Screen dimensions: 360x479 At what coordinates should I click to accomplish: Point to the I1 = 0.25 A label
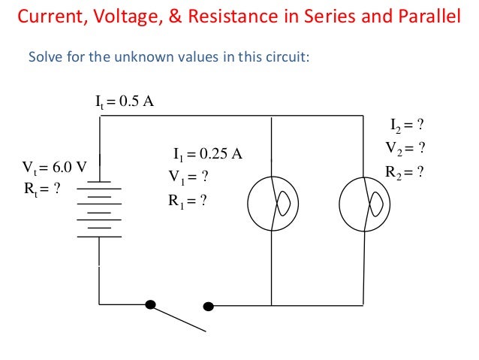pyautogui.click(x=207, y=155)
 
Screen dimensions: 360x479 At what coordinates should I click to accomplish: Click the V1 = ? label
pyautogui.click(x=188, y=177)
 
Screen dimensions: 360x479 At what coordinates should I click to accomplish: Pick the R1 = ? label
pyautogui.click(x=188, y=201)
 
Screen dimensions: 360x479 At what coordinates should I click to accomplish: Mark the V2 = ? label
pyautogui.click(x=406, y=147)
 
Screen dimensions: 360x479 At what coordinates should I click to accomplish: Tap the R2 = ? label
pyautogui.click(x=405, y=171)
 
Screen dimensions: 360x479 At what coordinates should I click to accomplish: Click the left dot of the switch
pyautogui.click(x=151, y=304)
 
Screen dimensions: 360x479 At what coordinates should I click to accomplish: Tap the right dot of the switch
pyautogui.click(x=209, y=306)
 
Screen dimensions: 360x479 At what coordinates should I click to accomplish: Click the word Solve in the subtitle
pyautogui.click(x=44, y=58)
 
